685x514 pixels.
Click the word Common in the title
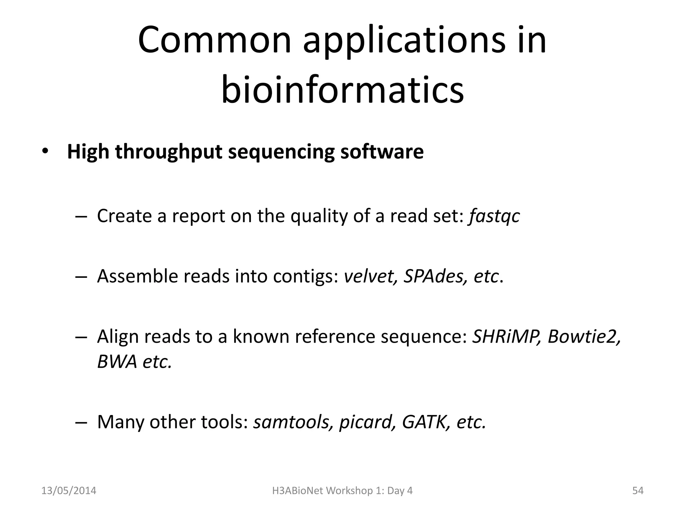pos(214,41)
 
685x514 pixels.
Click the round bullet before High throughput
pos(45,152)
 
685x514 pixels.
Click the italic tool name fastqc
pos(494,216)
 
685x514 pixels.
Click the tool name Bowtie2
pos(583,337)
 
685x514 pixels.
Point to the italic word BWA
pos(117,362)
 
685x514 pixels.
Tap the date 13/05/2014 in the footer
pos(69,491)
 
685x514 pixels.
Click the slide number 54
pos(638,491)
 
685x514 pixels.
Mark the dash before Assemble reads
pos(81,277)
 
